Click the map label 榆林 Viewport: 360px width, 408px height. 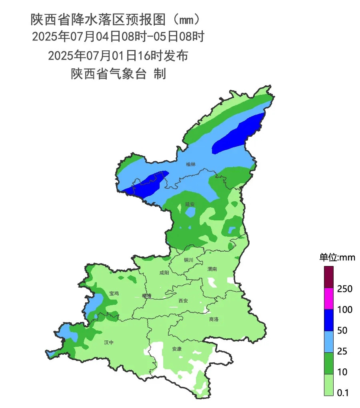coord(191,164)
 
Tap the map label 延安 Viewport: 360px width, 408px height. coord(190,204)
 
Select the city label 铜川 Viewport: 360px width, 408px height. coord(188,260)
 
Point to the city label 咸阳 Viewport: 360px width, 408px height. coord(164,273)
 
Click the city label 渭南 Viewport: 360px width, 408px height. coord(212,269)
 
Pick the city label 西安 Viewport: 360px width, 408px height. coord(183,300)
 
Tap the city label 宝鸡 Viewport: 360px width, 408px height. coord(114,293)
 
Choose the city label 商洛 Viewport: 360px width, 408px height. coord(214,319)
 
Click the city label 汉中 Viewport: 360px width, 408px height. coord(108,342)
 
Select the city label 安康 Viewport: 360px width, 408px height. coord(177,349)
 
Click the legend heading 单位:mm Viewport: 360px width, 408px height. coord(337,258)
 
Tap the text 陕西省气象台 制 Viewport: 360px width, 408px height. coord(118,74)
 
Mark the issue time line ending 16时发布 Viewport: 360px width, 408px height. coord(118,56)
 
